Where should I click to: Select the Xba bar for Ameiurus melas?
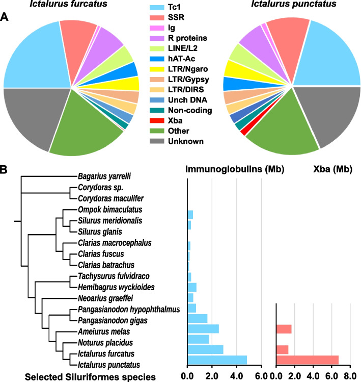(284, 329)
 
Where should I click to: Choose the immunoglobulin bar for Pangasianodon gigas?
(198, 319)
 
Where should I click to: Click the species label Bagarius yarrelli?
(104, 176)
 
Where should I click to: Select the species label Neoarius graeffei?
(103, 297)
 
